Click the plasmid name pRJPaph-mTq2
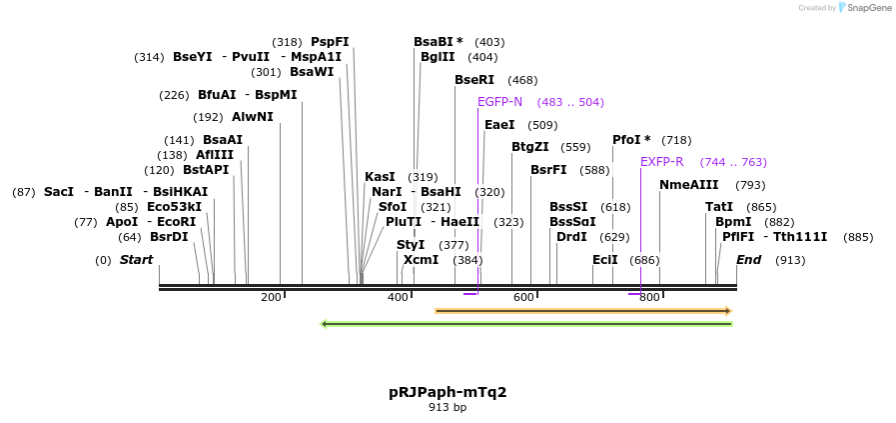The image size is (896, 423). [x=448, y=392]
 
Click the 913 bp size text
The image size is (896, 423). [x=448, y=408]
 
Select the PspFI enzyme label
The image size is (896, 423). [x=330, y=42]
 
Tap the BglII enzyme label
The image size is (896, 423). [x=438, y=57]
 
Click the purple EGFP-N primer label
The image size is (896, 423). [x=499, y=102]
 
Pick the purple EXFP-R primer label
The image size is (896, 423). [x=661, y=162]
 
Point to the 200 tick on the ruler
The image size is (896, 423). [x=271, y=297]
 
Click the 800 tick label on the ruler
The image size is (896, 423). [x=649, y=297]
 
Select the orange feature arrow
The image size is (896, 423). [x=583, y=311]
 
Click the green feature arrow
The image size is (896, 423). [x=526, y=324]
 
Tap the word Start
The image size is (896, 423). [x=136, y=260]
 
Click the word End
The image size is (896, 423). [x=748, y=260]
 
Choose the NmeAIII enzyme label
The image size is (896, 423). [x=688, y=185]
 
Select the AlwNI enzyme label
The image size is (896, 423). [x=252, y=117]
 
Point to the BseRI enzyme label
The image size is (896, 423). [x=474, y=80]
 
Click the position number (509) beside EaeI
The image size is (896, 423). [x=542, y=125]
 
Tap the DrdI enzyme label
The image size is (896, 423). [x=571, y=237]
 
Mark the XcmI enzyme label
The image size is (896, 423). [x=421, y=260]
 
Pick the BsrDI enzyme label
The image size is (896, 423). [x=169, y=237]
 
